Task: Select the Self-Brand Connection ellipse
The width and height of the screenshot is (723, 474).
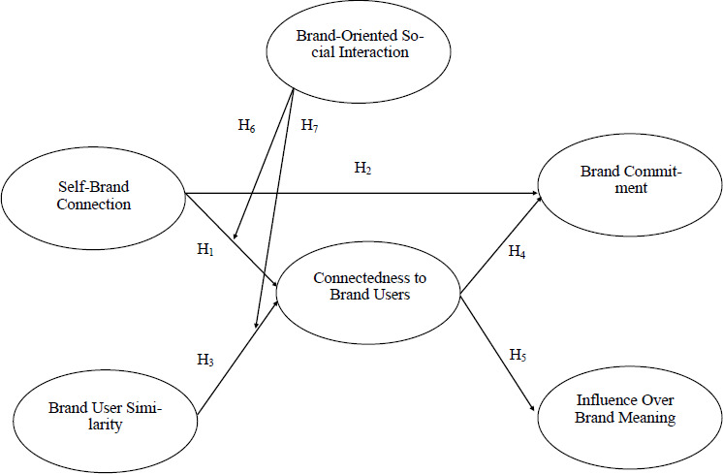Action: point(93,196)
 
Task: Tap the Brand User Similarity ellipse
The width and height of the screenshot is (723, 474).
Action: point(105,417)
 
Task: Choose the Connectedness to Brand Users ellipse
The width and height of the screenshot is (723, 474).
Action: point(368,286)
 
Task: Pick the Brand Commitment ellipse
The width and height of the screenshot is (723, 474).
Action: point(631,180)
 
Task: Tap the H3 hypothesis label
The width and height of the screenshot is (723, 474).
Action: point(205,361)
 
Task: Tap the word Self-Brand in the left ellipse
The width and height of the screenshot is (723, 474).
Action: point(93,187)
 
